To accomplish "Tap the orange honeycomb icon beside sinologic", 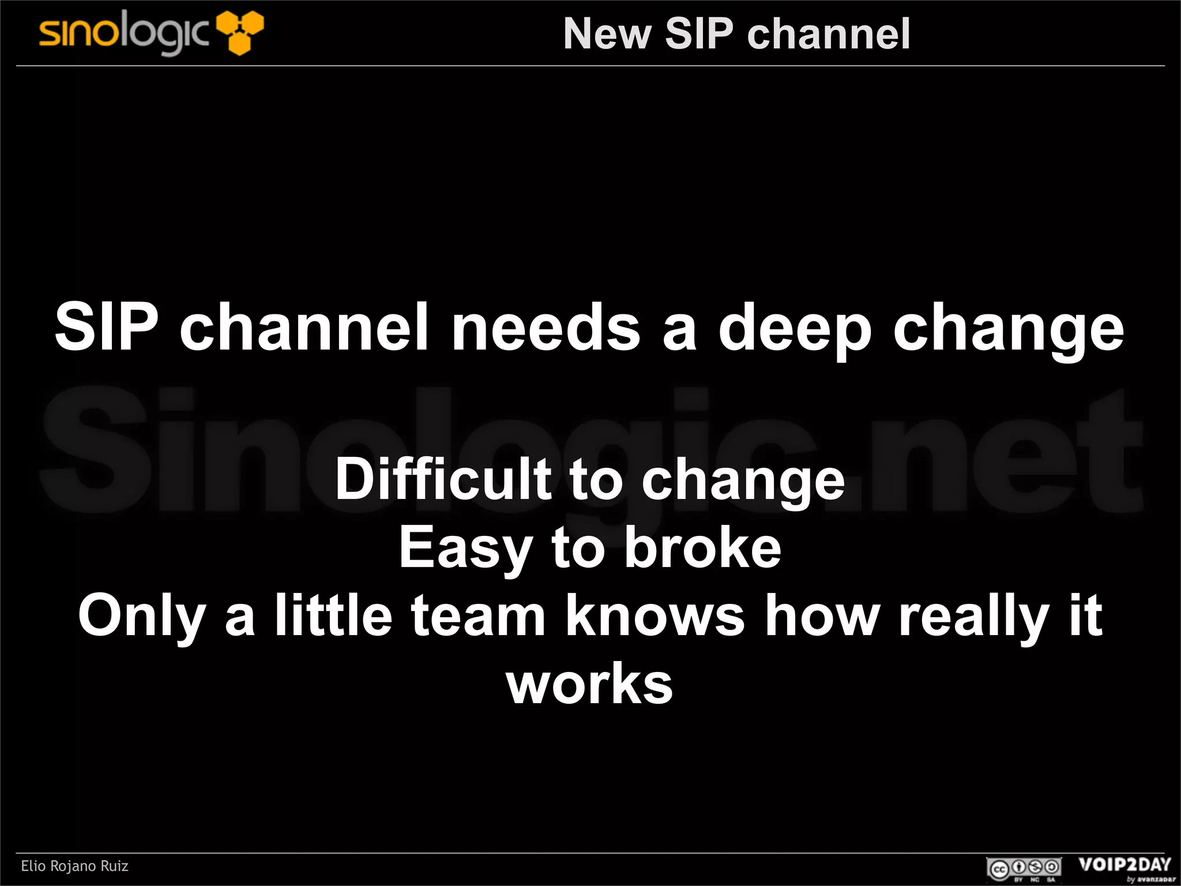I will (x=240, y=33).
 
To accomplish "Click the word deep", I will (x=794, y=329).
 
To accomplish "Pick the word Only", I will (x=142, y=616).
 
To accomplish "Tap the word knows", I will (x=655, y=616).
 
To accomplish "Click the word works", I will (x=589, y=684).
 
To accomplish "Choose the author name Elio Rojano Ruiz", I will (x=74, y=866).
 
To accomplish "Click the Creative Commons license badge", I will (x=1023, y=868).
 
